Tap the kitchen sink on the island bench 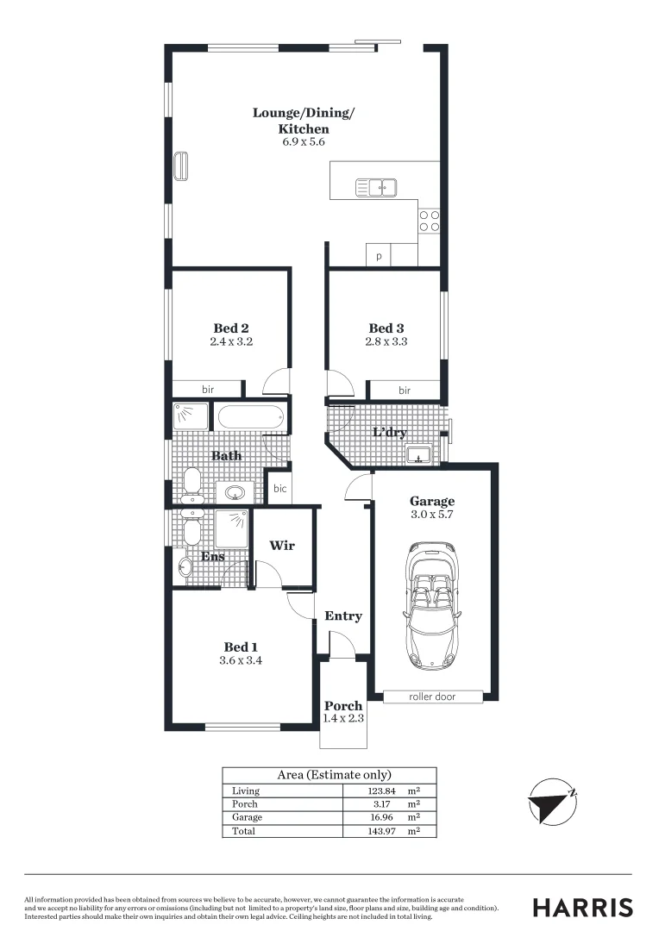[376, 186]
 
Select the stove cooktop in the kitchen [430, 221]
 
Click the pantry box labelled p [379, 256]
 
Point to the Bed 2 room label [231, 328]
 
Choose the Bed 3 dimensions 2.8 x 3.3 [386, 341]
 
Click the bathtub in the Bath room [249, 417]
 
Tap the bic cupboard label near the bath [279, 489]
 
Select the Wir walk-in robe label [283, 546]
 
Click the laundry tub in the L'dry [420, 453]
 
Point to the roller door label [432, 697]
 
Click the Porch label [343, 706]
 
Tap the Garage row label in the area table [248, 817]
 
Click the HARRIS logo [582, 907]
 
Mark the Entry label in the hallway [342, 616]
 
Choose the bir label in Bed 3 [405, 391]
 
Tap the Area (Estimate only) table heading [334, 775]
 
